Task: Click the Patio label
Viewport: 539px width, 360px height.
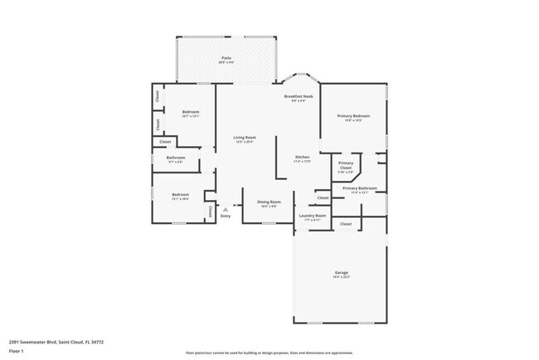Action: [x=226, y=58]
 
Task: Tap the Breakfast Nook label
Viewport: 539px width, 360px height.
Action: [x=299, y=96]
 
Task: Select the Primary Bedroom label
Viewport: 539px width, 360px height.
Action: [x=353, y=115]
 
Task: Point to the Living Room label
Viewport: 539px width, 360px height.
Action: [x=244, y=137]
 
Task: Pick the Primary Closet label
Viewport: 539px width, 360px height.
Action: [x=346, y=165]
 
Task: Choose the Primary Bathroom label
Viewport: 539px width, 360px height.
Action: [x=361, y=188]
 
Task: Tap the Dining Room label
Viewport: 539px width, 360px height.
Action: [x=269, y=202]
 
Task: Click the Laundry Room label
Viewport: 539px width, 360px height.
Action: [x=313, y=216]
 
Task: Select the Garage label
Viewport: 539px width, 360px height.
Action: [x=341, y=273]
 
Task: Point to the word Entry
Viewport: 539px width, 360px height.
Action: [x=226, y=216]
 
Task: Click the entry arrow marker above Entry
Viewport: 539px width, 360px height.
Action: [x=226, y=209]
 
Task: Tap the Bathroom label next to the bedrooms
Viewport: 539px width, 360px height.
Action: [x=175, y=158]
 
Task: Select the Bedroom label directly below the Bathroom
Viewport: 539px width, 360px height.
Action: [x=181, y=195]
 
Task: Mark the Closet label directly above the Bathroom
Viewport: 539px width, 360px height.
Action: [x=165, y=142]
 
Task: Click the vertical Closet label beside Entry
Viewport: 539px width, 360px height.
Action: [x=211, y=212]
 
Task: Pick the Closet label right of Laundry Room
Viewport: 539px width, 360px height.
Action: [x=346, y=223]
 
